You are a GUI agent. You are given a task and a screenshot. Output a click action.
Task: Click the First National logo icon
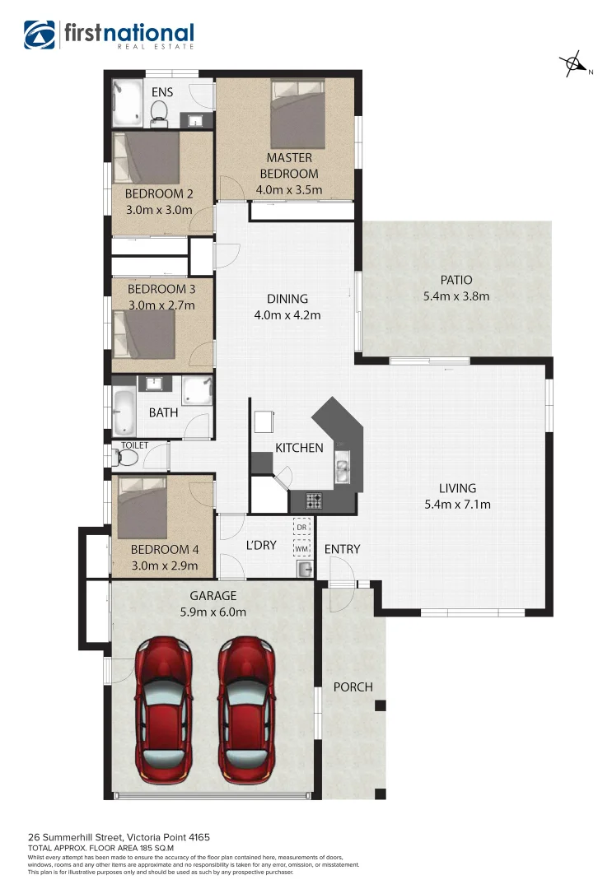(x=39, y=35)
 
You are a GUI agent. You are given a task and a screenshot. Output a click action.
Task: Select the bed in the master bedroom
(x=302, y=111)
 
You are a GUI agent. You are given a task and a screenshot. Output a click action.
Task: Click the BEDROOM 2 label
(x=159, y=194)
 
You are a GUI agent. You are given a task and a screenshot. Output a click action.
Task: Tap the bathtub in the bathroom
(x=124, y=412)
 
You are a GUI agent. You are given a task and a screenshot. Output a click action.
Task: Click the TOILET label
(x=134, y=444)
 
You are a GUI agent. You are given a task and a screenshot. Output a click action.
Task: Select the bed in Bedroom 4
(x=146, y=508)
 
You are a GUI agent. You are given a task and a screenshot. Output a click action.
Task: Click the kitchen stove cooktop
(x=315, y=499)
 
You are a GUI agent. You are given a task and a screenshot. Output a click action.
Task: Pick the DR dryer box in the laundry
(x=301, y=526)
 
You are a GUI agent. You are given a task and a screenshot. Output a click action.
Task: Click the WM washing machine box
(x=301, y=547)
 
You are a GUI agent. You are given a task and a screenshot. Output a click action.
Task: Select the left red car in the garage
(x=165, y=708)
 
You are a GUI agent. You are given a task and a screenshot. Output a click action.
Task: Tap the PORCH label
(x=353, y=687)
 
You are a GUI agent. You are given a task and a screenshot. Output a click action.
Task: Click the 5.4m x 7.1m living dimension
(x=457, y=504)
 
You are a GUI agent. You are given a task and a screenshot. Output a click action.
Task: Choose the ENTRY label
(x=342, y=549)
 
